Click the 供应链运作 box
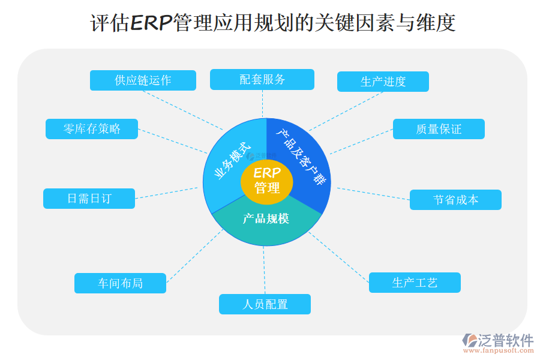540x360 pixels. click(x=143, y=80)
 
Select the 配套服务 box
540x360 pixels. click(x=262, y=79)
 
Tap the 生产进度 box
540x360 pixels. click(x=383, y=82)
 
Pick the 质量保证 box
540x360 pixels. click(x=439, y=129)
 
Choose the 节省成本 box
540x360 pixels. click(x=455, y=200)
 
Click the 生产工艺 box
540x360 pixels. click(x=415, y=283)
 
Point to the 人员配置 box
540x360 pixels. click(x=265, y=304)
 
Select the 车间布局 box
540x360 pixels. click(x=120, y=283)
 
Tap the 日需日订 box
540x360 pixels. click(x=89, y=199)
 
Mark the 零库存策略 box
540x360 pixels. click(x=92, y=129)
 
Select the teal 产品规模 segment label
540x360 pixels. click(x=266, y=218)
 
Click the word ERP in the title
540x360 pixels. click(x=151, y=23)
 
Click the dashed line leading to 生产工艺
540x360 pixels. click(x=339, y=257)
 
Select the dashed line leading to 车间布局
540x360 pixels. click(x=195, y=256)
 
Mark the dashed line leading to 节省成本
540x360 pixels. click(x=372, y=193)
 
